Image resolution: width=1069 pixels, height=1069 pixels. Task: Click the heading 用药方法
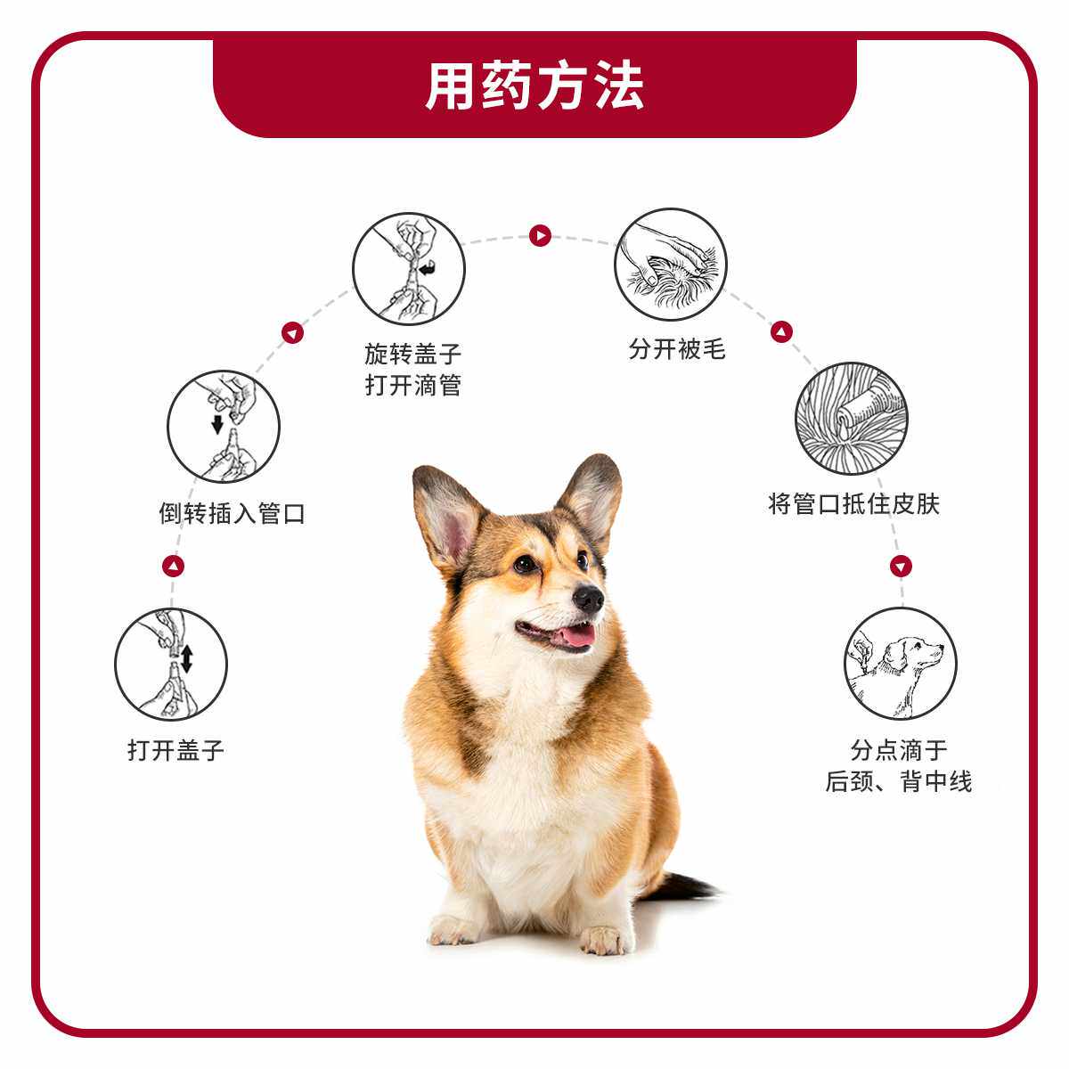coord(534,86)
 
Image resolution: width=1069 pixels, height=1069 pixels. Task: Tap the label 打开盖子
coord(175,750)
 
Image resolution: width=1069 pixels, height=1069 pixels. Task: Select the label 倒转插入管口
coord(232,513)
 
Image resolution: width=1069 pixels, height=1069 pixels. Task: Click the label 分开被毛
coord(677,349)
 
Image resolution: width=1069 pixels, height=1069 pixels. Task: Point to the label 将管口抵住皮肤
coord(853,504)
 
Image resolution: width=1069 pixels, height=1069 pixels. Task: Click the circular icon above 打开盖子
coord(171,665)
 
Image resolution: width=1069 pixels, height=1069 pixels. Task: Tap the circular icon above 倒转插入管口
coord(224,427)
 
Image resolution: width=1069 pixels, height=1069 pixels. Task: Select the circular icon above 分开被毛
coord(670,265)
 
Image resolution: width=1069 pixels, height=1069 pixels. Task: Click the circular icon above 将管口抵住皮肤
coord(852,418)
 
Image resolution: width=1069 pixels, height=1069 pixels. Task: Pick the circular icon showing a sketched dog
coord(900,664)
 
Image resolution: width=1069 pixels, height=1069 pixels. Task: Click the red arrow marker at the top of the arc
coord(540,236)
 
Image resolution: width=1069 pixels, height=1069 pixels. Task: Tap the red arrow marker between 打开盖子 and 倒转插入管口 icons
coord(174,566)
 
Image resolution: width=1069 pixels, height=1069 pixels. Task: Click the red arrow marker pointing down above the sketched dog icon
coord(901,566)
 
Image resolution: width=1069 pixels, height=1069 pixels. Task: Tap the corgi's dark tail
coord(686,885)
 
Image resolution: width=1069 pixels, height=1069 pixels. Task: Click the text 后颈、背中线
coord(898,782)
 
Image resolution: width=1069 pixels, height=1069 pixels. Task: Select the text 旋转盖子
coord(413,354)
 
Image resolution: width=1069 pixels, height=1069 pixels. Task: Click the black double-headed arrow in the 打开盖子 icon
coord(187,659)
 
